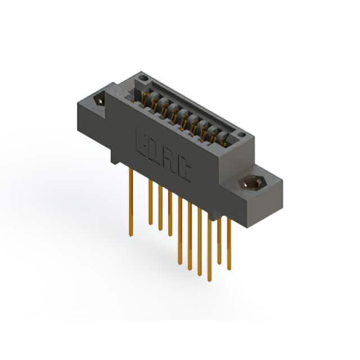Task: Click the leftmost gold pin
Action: point(131,202)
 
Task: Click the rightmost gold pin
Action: point(229,244)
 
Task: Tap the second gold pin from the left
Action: point(151,202)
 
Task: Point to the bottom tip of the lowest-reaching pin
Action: point(209,281)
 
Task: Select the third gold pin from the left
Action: point(160,208)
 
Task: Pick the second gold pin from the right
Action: point(219,241)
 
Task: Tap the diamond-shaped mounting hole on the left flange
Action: point(100,101)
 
